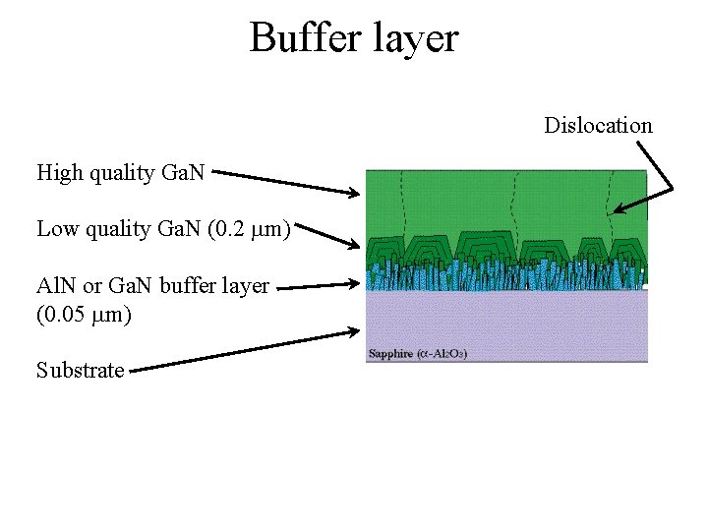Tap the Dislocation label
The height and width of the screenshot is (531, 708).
tap(598, 125)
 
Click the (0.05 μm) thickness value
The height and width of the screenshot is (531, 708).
tap(84, 315)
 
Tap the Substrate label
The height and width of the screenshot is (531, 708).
tap(81, 371)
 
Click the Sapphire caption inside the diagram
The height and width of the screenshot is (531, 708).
tap(390, 353)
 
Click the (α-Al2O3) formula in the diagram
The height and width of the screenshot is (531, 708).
tap(442, 353)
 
